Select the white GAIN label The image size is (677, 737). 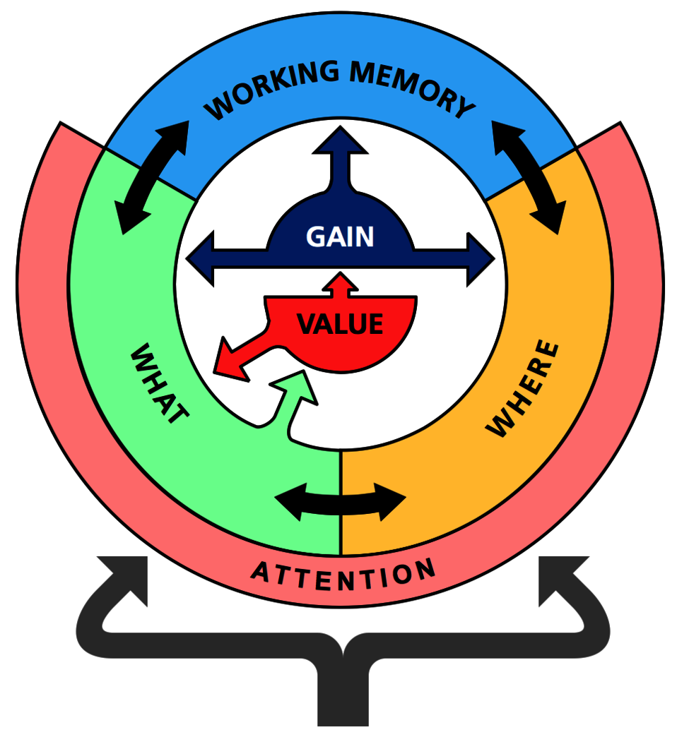340,236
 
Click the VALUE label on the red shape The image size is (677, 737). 340,324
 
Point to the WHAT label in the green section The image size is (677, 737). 159,383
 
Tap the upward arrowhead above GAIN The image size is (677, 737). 340,140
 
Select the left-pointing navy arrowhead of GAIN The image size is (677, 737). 201,258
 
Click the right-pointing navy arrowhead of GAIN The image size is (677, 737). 481,258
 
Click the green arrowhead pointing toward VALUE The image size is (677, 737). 296,386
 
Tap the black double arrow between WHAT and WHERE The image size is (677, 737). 340,502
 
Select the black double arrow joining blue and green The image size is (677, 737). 152,177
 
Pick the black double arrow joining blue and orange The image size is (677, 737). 529,177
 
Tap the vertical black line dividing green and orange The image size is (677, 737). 340,503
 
